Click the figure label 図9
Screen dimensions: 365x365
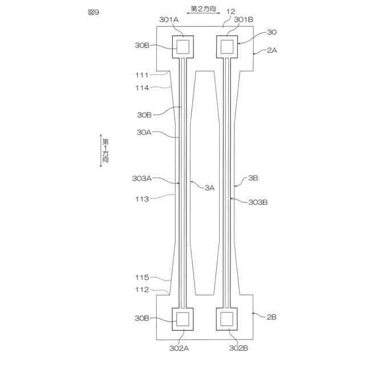pyautogui.click(x=94, y=12)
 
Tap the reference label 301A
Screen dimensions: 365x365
pyautogui.click(x=169, y=19)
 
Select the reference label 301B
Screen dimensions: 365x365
pyautogui.click(x=244, y=19)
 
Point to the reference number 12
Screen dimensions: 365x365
pyautogui.click(x=230, y=11)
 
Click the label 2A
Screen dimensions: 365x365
pyautogui.click(x=272, y=50)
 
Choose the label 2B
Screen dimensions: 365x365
pyautogui.click(x=271, y=317)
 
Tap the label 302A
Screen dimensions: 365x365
pyautogui.click(x=179, y=348)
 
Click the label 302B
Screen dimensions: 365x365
pyautogui.click(x=238, y=348)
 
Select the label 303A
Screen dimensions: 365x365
pyautogui.click(x=142, y=179)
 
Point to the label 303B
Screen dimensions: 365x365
pyautogui.click(x=258, y=202)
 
